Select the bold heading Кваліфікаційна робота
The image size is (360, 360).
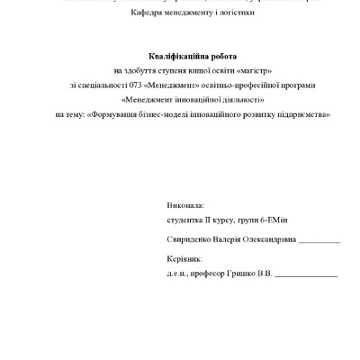click(x=180, y=56)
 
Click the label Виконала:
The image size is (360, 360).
click(x=185, y=205)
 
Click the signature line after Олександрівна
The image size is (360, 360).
click(x=319, y=242)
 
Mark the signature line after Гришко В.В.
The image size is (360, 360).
click(x=306, y=275)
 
